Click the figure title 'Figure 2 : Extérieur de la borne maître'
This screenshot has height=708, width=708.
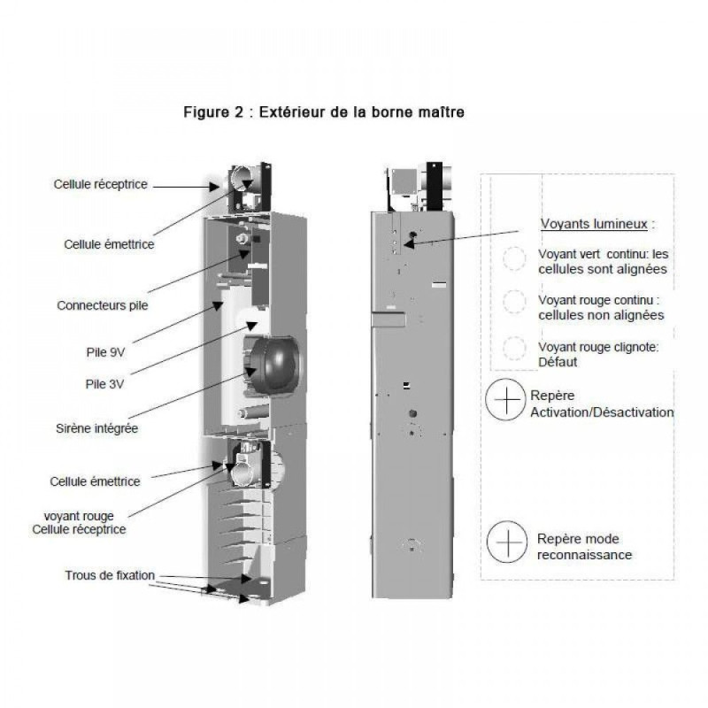click(323, 112)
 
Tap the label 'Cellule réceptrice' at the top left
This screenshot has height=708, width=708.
click(100, 184)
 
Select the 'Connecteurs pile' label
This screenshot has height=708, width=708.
click(102, 306)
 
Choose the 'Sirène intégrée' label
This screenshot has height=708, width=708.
click(96, 429)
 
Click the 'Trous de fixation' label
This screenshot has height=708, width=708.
click(110, 575)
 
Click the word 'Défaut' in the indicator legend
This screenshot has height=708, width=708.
click(558, 362)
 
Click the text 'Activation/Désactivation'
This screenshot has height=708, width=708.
click(601, 412)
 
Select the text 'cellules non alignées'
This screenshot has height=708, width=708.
click(601, 314)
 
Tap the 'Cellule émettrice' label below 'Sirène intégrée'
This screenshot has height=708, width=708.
click(95, 481)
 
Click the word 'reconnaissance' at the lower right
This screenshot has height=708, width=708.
click(584, 555)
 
